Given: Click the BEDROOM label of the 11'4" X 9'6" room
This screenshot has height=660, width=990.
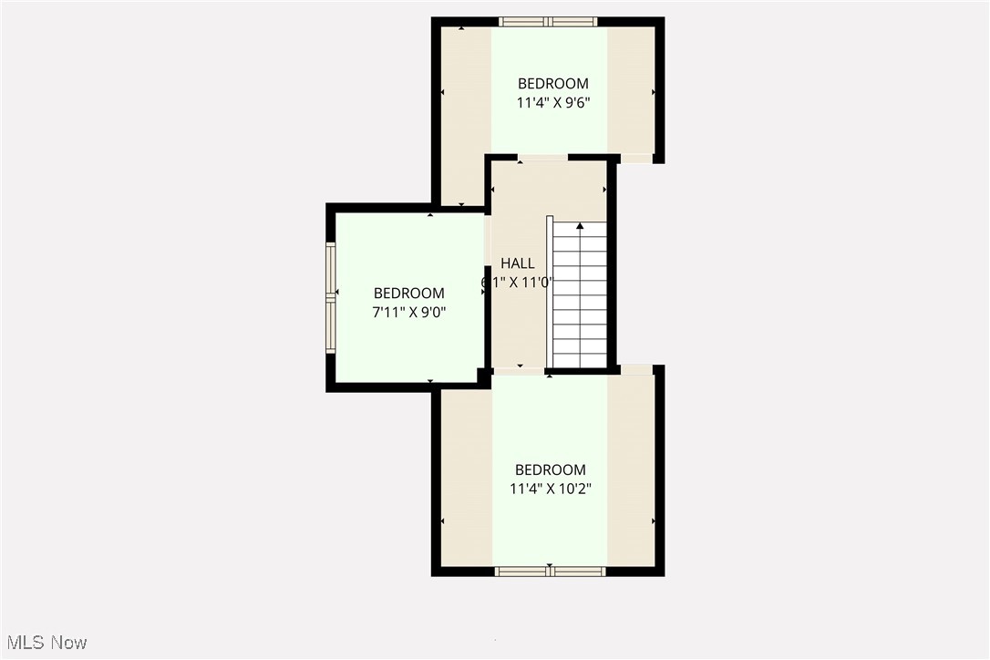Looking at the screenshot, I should (552, 84).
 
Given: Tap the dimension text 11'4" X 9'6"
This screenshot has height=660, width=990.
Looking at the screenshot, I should (552, 103).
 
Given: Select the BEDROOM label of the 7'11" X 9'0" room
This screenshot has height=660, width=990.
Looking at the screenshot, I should (409, 294).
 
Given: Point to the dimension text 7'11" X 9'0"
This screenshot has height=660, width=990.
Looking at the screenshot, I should (409, 312).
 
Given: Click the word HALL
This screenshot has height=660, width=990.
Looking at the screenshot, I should (518, 263).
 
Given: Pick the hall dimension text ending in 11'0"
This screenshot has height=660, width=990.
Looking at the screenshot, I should (518, 283).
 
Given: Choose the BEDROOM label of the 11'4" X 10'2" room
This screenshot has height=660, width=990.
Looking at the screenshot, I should (551, 470).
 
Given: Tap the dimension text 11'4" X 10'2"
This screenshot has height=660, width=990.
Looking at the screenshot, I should (551, 489).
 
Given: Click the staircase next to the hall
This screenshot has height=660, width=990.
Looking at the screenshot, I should (580, 296).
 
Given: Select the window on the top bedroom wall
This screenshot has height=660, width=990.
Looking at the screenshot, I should (548, 22).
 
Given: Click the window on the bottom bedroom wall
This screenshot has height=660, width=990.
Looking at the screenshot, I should (550, 572).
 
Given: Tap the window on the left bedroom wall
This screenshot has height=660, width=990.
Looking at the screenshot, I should (331, 296).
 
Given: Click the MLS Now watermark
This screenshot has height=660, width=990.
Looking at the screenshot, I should (44, 643).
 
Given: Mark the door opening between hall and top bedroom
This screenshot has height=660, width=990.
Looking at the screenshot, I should (542, 159).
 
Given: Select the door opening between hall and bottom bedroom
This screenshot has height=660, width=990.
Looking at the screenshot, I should (519, 371).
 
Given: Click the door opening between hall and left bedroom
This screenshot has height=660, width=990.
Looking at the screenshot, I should (488, 246).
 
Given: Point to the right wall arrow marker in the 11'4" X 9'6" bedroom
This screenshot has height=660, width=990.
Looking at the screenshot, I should (653, 92).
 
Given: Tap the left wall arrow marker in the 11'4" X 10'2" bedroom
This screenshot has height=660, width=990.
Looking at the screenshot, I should (443, 521).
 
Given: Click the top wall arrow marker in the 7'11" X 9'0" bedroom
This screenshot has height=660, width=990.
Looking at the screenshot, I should (430, 215).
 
